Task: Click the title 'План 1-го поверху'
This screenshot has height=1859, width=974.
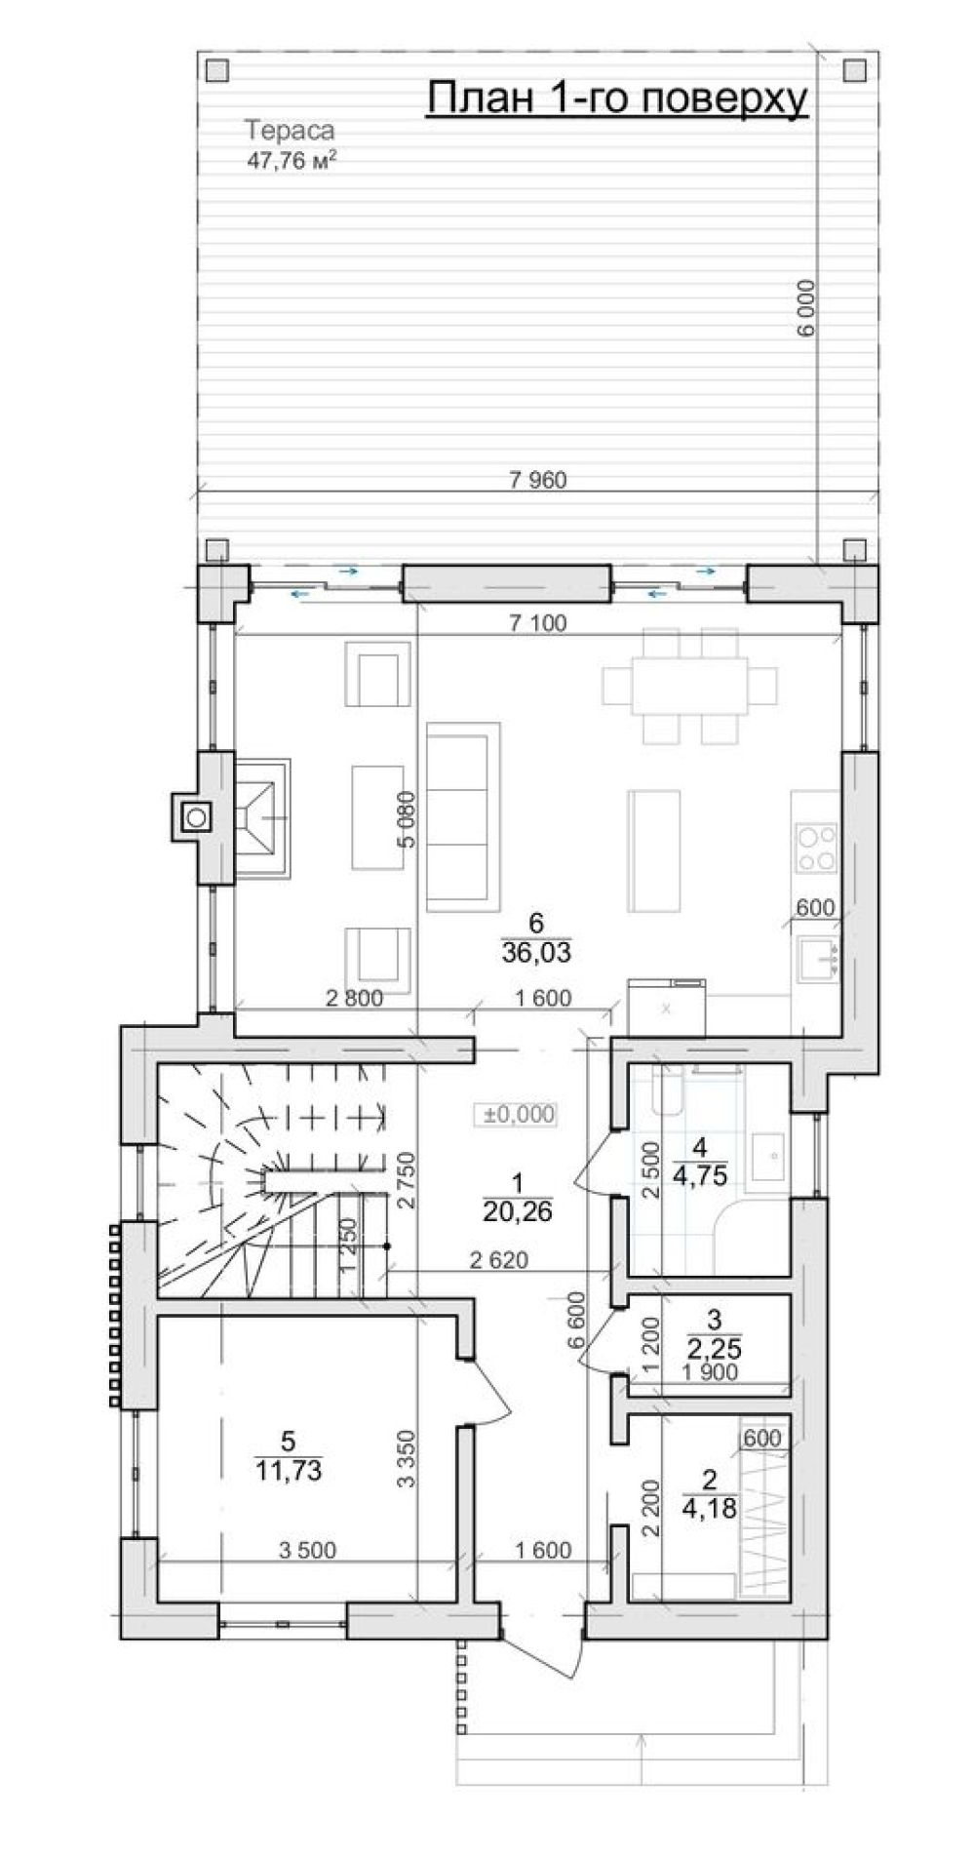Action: point(618,99)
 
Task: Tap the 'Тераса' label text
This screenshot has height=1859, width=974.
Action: point(290,130)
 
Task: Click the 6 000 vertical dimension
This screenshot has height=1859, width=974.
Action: point(805,310)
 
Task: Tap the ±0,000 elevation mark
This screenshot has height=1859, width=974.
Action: point(516,1114)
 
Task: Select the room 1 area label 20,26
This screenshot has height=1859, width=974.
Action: point(517,1211)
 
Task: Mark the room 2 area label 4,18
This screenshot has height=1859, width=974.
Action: point(709,1507)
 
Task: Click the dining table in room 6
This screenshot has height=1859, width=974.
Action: point(689,686)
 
